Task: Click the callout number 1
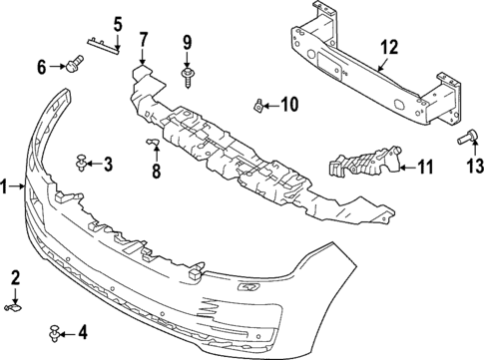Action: point(6,185)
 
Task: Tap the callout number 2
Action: point(15,276)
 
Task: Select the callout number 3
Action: point(108,164)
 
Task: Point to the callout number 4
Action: point(83,331)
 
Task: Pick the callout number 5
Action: point(117,23)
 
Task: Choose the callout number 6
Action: point(42,68)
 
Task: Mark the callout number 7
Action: point(143,39)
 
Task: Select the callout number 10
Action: point(288,104)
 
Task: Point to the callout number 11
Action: point(425,168)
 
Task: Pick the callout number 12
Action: point(387,45)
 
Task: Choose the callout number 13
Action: point(473,164)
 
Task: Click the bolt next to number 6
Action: point(73,68)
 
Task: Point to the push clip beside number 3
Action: point(83,161)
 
